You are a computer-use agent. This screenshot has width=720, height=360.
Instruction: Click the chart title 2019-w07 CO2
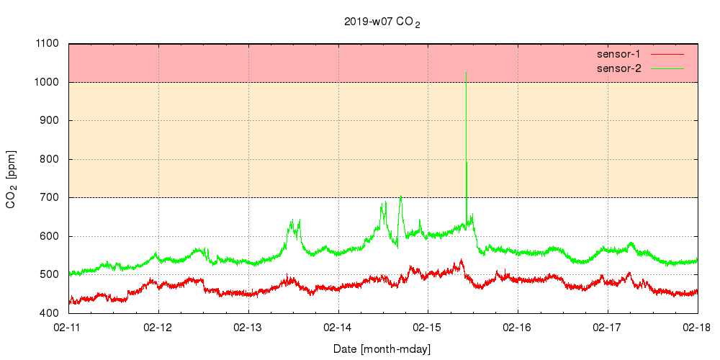(382, 22)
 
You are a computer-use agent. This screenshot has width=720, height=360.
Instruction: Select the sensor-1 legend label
(618, 54)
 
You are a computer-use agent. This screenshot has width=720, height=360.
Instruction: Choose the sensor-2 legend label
(618, 68)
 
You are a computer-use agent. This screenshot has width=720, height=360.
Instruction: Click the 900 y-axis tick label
(49, 121)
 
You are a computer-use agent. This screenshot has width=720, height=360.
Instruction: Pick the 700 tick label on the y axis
(49, 198)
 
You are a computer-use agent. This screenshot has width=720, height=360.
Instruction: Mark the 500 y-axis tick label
(49, 275)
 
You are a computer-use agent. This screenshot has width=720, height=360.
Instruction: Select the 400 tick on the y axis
(49, 313)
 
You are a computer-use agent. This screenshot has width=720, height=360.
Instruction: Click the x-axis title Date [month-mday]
(382, 349)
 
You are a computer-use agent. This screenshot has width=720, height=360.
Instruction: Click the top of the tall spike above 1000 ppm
(467, 73)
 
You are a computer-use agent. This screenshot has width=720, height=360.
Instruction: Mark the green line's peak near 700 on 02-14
(400, 196)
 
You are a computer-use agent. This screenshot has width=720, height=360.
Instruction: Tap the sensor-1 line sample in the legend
(666, 54)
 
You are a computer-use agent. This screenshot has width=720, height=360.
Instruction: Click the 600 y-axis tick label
(49, 236)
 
